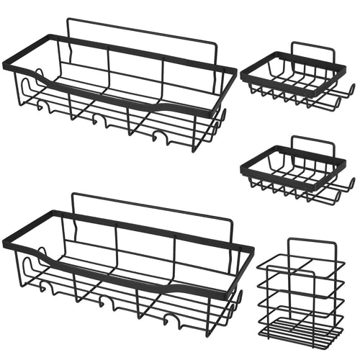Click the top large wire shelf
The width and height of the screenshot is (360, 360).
tap(119, 90)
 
